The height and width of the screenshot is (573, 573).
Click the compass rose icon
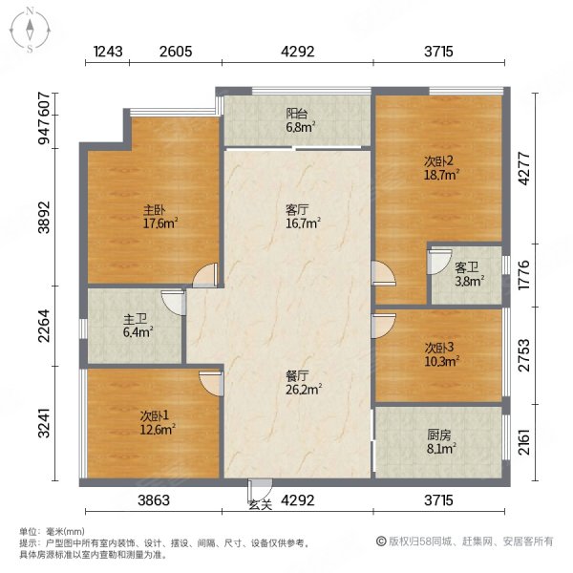coord(30,31)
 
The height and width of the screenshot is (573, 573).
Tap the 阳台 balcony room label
coord(300,120)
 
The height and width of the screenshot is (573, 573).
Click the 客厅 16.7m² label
coord(303,217)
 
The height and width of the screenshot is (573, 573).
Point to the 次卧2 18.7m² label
coord(441,168)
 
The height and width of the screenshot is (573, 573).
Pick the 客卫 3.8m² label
coord(470,274)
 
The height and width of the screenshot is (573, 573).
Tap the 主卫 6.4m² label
coord(138,327)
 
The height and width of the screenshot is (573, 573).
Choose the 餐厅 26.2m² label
coord(304,383)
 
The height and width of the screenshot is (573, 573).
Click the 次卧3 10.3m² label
coord(441,354)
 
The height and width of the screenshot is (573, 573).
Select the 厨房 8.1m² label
coord(441,442)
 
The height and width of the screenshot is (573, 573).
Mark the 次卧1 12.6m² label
coord(158,422)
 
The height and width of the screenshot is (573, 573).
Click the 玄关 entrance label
coord(260,505)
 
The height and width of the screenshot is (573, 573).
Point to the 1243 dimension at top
coord(108,52)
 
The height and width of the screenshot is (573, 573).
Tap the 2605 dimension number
coord(176,52)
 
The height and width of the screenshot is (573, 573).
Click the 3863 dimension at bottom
coord(154,499)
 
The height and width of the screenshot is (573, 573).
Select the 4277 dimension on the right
coord(524,169)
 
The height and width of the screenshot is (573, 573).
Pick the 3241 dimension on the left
coord(44,423)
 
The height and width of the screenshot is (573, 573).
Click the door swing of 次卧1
coord(211,383)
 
